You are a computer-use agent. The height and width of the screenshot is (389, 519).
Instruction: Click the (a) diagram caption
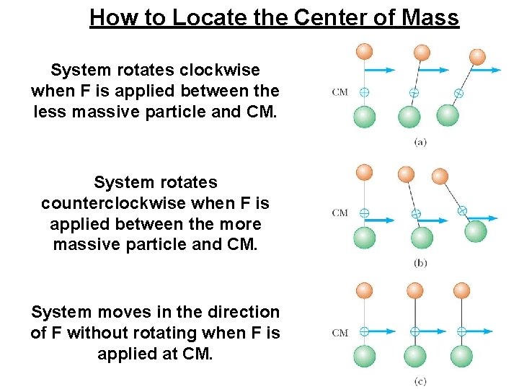(421, 142)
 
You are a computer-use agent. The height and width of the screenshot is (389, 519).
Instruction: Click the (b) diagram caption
(421, 262)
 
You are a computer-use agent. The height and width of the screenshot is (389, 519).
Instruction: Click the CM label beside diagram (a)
(340, 92)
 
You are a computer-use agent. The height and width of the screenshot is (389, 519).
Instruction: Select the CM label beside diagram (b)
(340, 213)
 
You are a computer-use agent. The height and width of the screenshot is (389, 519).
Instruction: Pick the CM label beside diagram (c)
(340, 333)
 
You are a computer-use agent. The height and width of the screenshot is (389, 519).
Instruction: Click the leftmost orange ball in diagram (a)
(365, 51)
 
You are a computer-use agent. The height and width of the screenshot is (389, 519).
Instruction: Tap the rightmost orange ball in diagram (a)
(477, 56)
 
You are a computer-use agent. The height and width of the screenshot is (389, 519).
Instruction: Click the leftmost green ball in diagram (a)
(365, 117)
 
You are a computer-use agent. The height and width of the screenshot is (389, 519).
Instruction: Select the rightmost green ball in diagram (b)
(475, 231)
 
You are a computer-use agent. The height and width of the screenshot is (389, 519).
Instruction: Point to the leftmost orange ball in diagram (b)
(365, 171)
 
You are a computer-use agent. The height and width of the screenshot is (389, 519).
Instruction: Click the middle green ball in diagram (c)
(414, 356)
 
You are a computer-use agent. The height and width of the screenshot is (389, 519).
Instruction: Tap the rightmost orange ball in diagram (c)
(461, 290)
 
